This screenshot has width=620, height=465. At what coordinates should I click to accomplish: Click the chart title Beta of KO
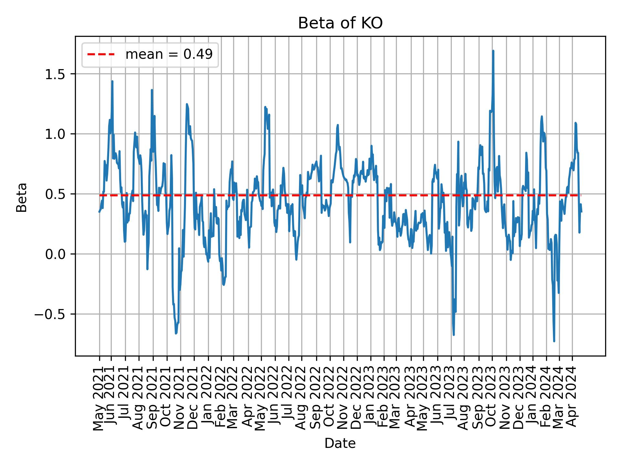pos(340,24)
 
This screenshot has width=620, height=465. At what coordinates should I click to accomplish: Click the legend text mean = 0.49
pos(169,55)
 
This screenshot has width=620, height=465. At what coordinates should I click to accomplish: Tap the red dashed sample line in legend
pos(101,55)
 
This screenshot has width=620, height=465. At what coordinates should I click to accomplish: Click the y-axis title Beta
pos(22,197)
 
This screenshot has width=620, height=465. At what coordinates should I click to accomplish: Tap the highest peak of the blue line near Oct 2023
pos(493,51)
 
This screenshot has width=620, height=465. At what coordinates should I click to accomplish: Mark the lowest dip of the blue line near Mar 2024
pos(554,341)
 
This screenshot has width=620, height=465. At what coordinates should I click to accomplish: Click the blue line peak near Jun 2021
pos(112,81)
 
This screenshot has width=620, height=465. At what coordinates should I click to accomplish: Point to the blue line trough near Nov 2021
pos(176,333)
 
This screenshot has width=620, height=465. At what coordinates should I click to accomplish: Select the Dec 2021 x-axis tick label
pos(193,398)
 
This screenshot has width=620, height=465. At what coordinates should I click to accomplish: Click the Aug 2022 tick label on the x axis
pos(301,398)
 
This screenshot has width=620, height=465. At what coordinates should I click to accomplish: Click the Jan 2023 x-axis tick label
pos(370,398)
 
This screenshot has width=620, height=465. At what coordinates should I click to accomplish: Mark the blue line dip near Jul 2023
pos(454,335)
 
